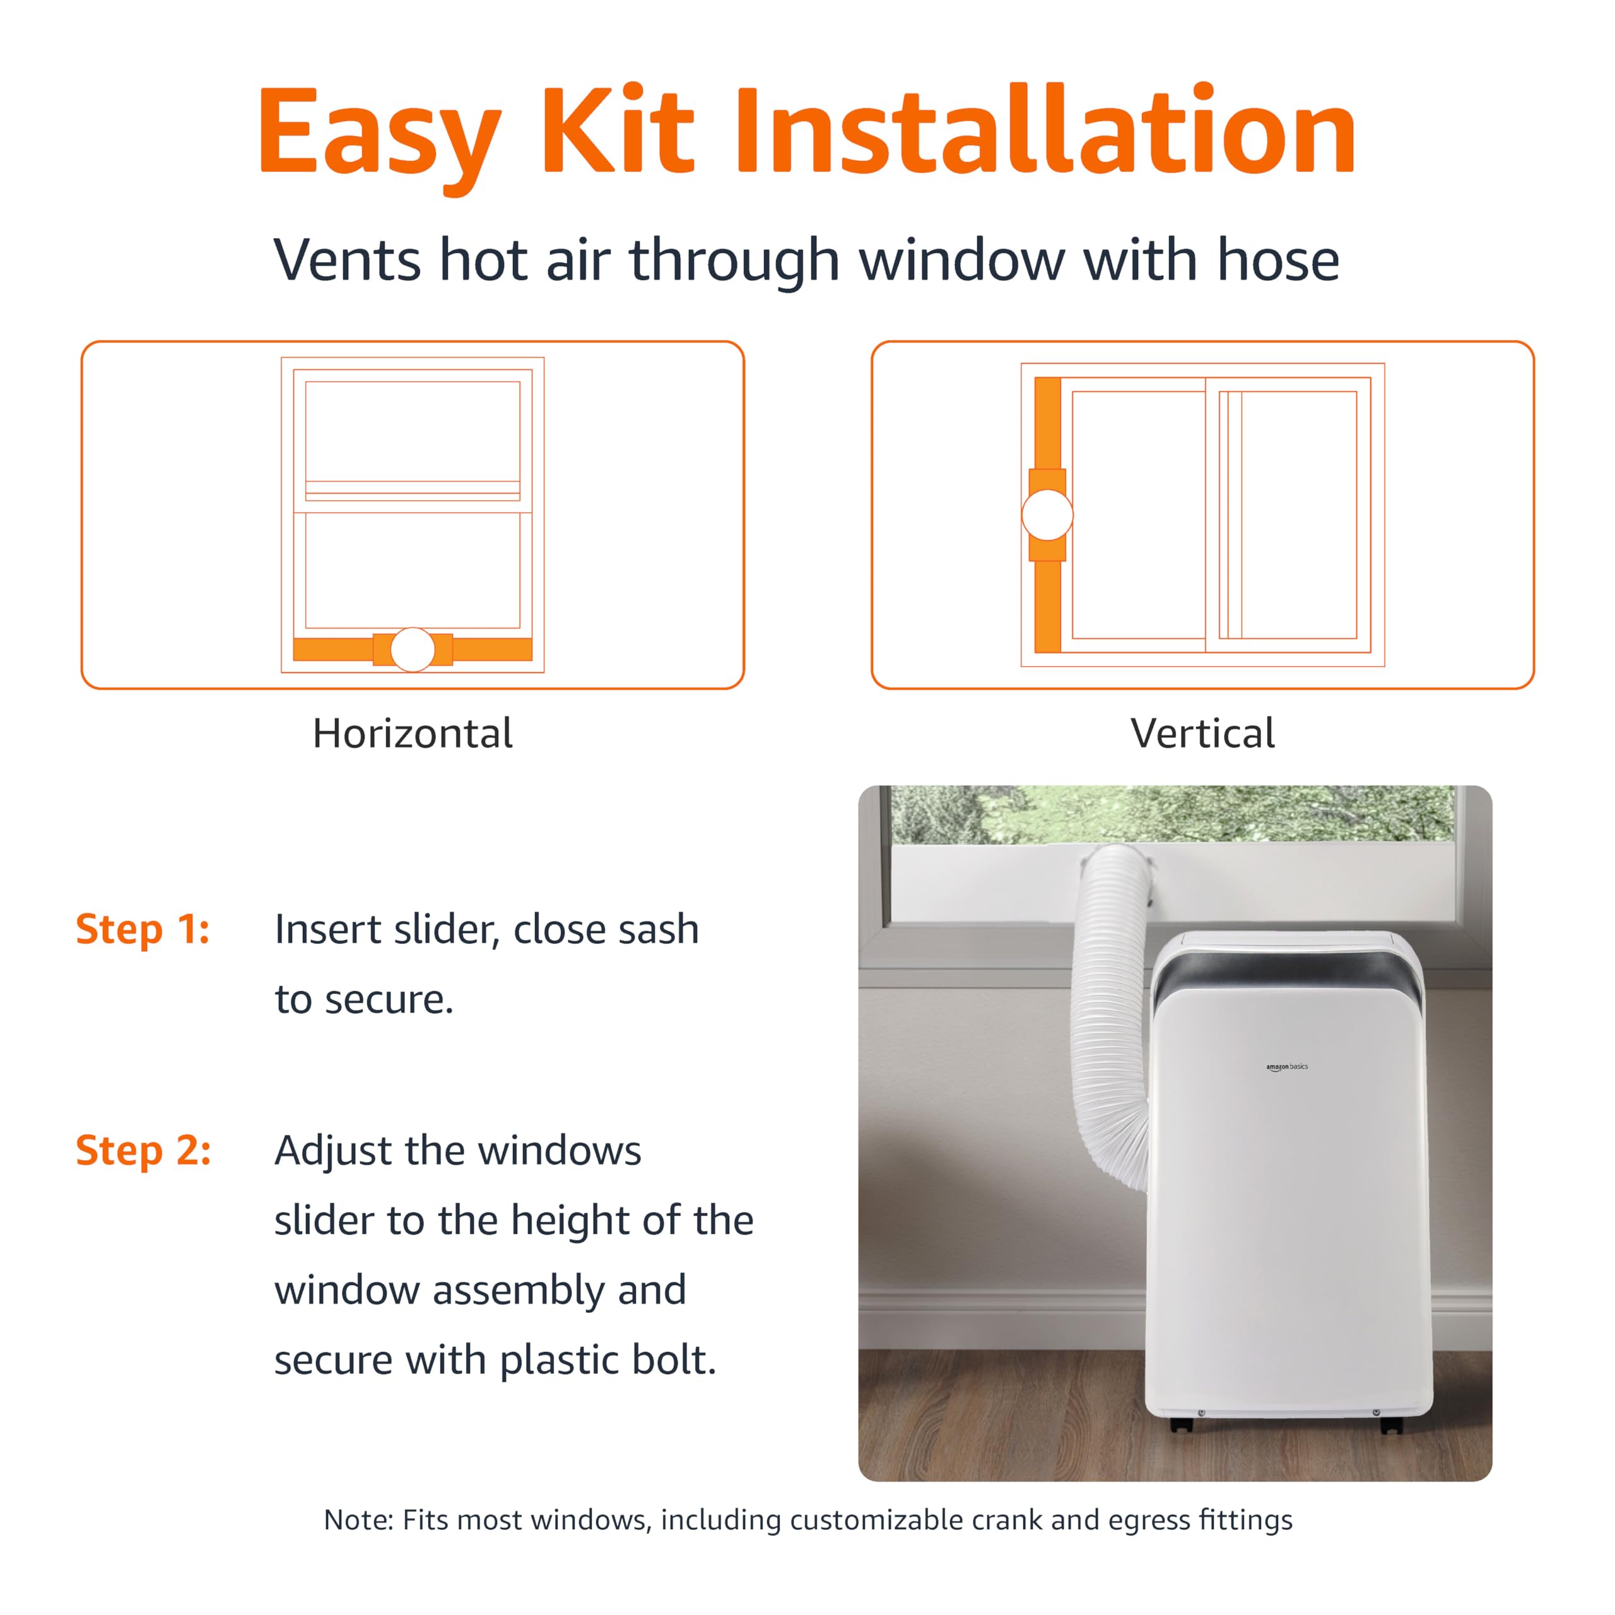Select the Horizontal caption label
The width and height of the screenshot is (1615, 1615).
pyautogui.click(x=412, y=734)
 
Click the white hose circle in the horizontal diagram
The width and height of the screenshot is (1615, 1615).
pyautogui.click(x=412, y=650)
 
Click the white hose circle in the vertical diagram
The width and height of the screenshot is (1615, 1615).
pyautogui.click(x=1047, y=515)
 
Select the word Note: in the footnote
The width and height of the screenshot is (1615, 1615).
pyautogui.click(x=358, y=1520)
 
